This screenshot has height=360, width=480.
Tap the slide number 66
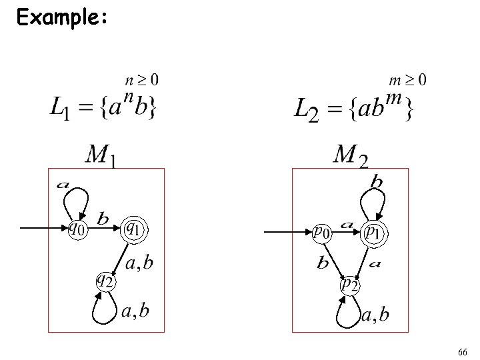(463, 351)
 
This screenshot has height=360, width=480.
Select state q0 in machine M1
(77, 229)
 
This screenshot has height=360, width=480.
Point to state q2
(105, 279)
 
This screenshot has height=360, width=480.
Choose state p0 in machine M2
(322, 232)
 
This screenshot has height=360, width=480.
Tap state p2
(349, 285)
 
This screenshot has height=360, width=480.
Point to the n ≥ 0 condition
(142, 81)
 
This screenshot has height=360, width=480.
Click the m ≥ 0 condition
(407, 81)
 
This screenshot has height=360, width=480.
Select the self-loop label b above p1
(377, 181)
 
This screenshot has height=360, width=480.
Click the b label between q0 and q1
(103, 219)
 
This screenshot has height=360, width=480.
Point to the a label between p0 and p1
(347, 225)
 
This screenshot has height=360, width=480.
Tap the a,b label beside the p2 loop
(375, 315)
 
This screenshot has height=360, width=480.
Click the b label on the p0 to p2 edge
(323, 263)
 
